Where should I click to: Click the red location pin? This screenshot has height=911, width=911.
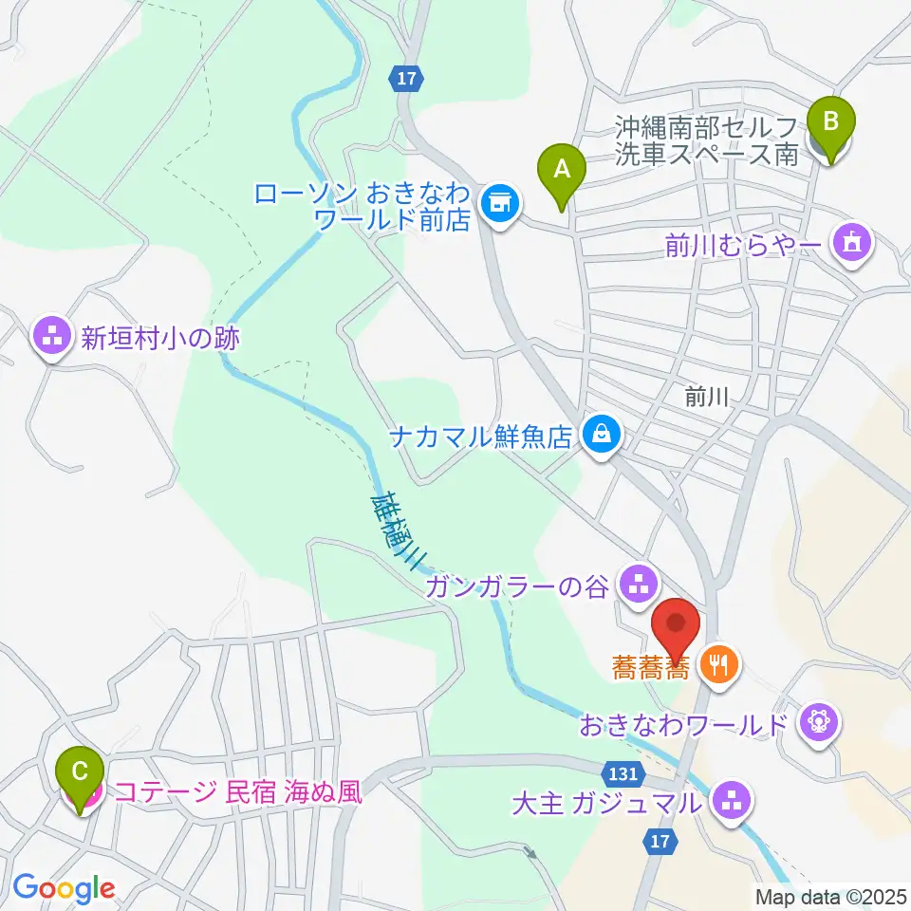point(677,625)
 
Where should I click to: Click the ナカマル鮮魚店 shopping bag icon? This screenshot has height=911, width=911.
point(601,436)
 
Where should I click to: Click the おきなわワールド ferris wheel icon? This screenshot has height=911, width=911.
point(816,726)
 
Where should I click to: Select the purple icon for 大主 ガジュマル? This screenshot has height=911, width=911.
point(731,803)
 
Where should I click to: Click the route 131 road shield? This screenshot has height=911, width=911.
point(618,774)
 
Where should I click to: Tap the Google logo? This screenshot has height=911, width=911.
point(64,888)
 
